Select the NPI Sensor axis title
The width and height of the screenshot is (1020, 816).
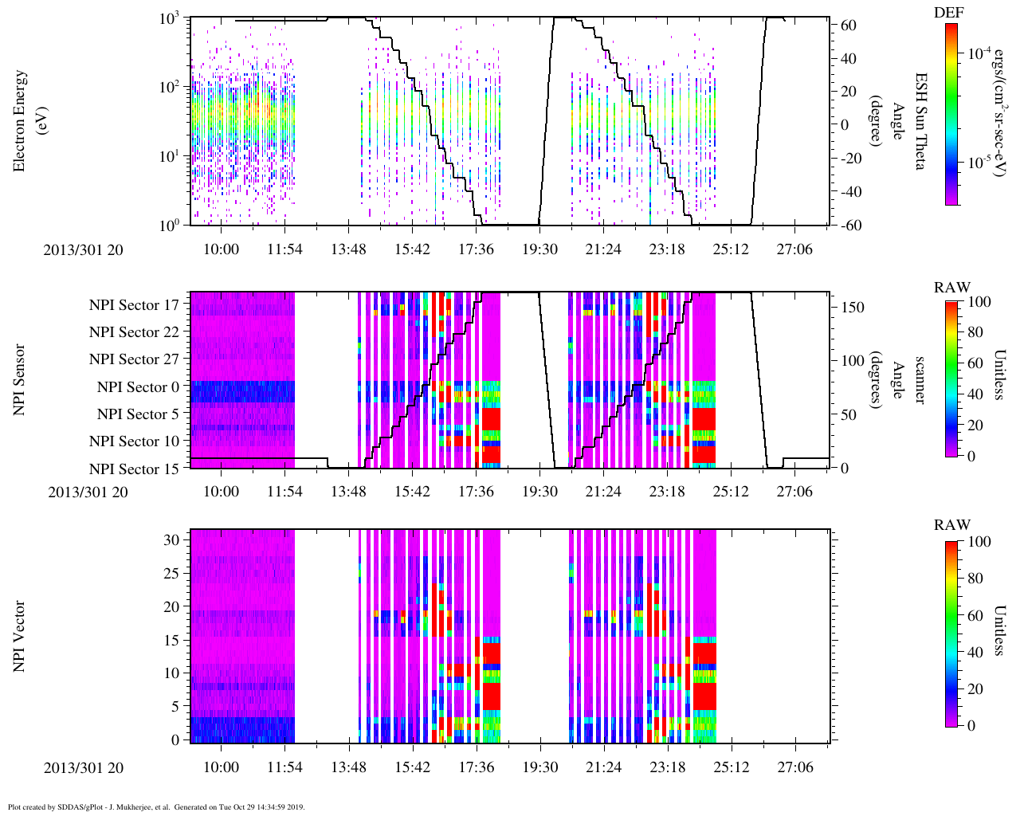(20, 379)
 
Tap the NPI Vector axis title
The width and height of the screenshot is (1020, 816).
(20, 636)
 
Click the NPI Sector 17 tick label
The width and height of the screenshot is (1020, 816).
(134, 304)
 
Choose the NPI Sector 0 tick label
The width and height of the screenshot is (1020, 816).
(138, 387)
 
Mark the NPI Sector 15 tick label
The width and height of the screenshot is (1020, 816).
(134, 469)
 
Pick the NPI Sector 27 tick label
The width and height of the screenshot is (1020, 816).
(134, 359)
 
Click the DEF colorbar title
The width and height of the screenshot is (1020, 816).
(951, 12)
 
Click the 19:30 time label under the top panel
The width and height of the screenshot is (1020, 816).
(539, 249)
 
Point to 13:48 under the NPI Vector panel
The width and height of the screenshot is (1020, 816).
(348, 767)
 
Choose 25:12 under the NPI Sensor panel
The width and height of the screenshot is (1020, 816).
(731, 492)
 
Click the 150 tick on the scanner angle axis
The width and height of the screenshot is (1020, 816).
(853, 308)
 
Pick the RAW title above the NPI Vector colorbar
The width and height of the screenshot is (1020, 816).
(952, 524)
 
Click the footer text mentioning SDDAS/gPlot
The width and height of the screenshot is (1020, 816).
(156, 806)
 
